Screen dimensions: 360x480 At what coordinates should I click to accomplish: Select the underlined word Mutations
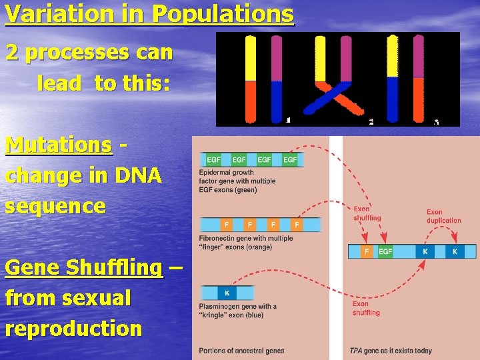point(58,145)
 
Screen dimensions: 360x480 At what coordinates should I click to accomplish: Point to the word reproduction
point(73,328)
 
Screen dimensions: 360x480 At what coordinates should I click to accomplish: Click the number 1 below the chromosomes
point(288,121)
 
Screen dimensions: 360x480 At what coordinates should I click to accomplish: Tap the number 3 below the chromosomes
point(436,121)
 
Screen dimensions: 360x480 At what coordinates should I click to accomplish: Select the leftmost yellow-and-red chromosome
point(251,79)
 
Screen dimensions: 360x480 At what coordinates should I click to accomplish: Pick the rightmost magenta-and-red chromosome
point(418,79)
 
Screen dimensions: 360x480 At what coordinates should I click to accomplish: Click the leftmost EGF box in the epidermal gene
point(214,160)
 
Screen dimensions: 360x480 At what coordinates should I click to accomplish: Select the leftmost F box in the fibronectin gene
point(227,225)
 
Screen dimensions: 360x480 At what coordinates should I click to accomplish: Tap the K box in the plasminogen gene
point(227,293)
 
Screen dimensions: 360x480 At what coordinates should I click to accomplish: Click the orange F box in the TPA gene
point(367,252)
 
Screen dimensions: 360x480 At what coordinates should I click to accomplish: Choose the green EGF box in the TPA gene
point(385,252)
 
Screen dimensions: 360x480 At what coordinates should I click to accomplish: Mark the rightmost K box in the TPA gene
point(455,252)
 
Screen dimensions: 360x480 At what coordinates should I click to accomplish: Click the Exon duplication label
point(443,217)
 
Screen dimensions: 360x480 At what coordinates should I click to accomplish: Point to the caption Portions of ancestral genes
point(241,351)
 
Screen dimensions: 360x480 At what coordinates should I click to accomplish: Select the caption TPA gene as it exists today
point(391,351)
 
